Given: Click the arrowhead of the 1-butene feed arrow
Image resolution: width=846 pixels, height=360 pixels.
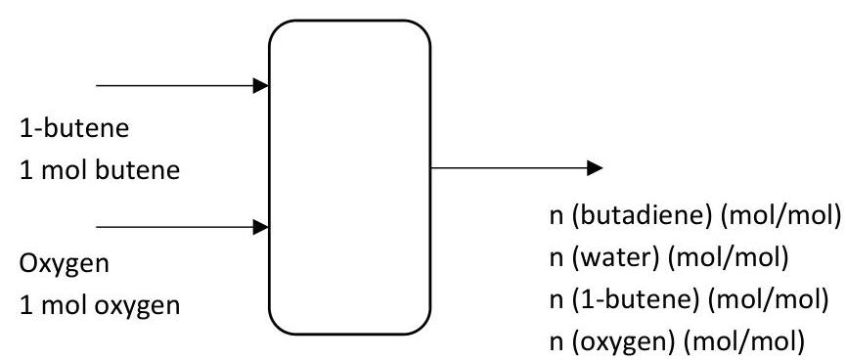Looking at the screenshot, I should [261, 86].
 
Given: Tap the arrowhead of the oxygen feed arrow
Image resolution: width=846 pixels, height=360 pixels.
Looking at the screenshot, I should [261, 227].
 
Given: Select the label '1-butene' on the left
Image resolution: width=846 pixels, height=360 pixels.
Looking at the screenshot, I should [62, 128].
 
